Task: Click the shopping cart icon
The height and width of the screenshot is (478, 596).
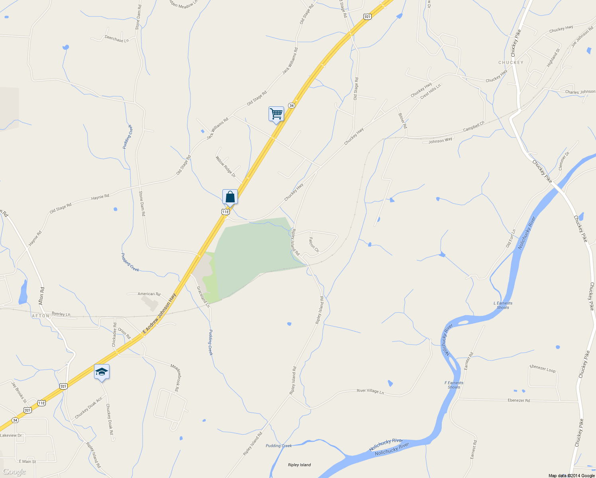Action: [x=276, y=114]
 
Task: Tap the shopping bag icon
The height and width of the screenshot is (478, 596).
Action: [x=230, y=197]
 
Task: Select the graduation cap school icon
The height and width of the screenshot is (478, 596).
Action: [x=102, y=372]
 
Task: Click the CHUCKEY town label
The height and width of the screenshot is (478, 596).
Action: [x=511, y=63]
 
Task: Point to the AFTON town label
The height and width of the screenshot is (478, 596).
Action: [x=40, y=315]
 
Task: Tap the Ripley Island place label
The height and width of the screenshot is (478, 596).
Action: [x=299, y=465]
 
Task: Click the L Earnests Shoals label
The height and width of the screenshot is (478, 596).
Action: [x=503, y=305]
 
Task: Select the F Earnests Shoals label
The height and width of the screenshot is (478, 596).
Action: [x=454, y=385]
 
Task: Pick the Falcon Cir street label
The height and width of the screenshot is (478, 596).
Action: [x=314, y=245]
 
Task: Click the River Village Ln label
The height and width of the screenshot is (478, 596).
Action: [x=370, y=391]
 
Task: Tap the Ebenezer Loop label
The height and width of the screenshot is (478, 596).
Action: [x=543, y=368]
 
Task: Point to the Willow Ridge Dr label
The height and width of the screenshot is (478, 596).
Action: [x=225, y=167]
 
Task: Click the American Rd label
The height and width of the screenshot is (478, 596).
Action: [x=149, y=294]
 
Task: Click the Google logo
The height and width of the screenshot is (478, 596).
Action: [x=14, y=472]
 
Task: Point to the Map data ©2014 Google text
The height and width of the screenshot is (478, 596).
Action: [x=571, y=476]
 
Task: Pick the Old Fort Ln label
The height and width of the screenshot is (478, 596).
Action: [x=511, y=238]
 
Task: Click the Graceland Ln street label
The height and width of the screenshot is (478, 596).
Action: [x=203, y=297]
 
